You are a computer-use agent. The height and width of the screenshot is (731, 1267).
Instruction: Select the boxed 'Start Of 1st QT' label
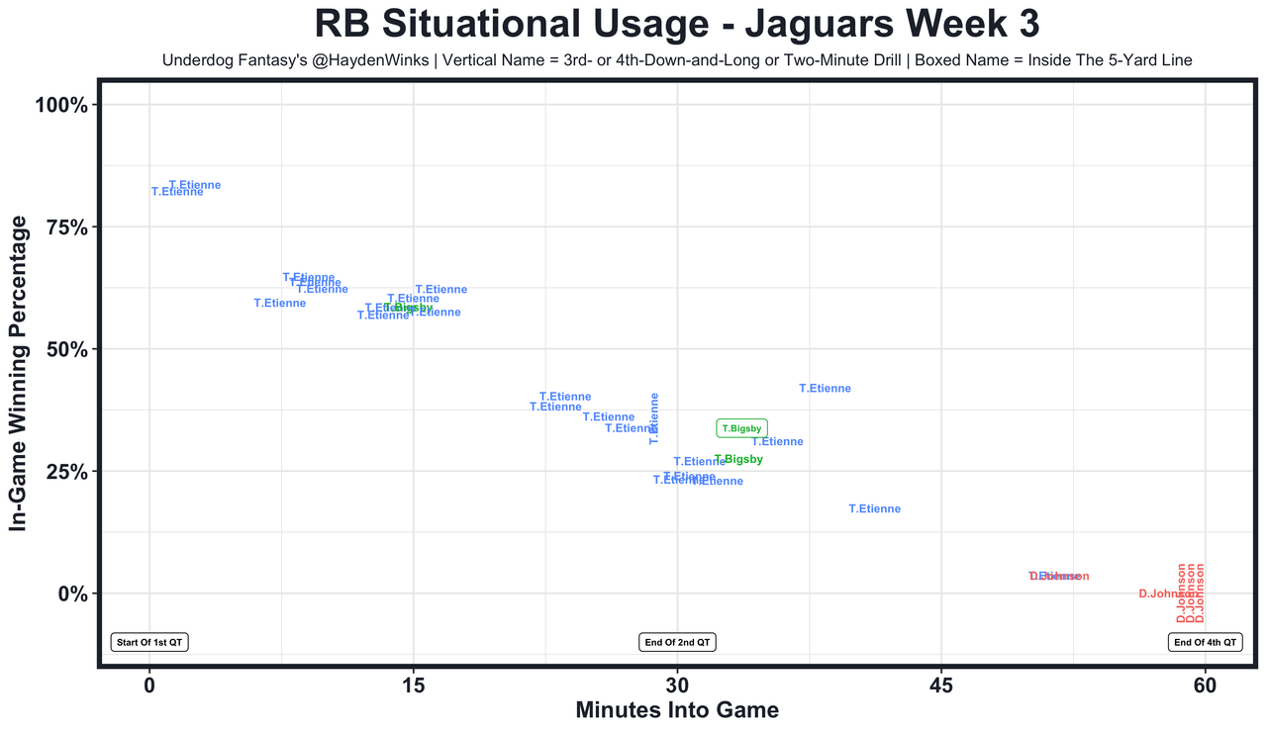pyautogui.click(x=149, y=642)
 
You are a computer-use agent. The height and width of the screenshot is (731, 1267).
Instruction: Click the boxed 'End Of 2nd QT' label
pyautogui.click(x=677, y=642)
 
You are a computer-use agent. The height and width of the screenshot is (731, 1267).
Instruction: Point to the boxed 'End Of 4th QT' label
pyautogui.click(x=1205, y=642)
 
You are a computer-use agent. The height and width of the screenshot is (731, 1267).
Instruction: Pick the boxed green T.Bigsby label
pyautogui.click(x=741, y=428)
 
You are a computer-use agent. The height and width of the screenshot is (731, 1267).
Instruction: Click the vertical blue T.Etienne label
pyautogui.click(x=653, y=418)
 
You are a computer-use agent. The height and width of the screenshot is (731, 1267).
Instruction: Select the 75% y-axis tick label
pyautogui.click(x=67, y=228)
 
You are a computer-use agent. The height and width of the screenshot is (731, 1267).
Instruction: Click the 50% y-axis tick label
pyautogui.click(x=67, y=350)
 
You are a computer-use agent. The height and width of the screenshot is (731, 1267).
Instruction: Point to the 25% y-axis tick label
pyautogui.click(x=67, y=472)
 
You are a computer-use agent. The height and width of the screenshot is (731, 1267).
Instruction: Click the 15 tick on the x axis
pyautogui.click(x=413, y=685)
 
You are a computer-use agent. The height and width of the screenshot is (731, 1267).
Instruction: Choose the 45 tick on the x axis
pyautogui.click(x=941, y=685)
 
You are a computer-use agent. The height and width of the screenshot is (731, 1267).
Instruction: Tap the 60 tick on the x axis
pyautogui.click(x=1205, y=685)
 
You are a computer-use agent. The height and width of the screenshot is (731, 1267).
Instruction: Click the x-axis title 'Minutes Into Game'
pyautogui.click(x=677, y=710)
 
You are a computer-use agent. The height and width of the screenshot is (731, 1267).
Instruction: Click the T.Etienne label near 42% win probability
pyautogui.click(x=825, y=389)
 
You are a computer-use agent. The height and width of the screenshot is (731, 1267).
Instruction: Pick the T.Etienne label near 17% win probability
pyautogui.click(x=875, y=509)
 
